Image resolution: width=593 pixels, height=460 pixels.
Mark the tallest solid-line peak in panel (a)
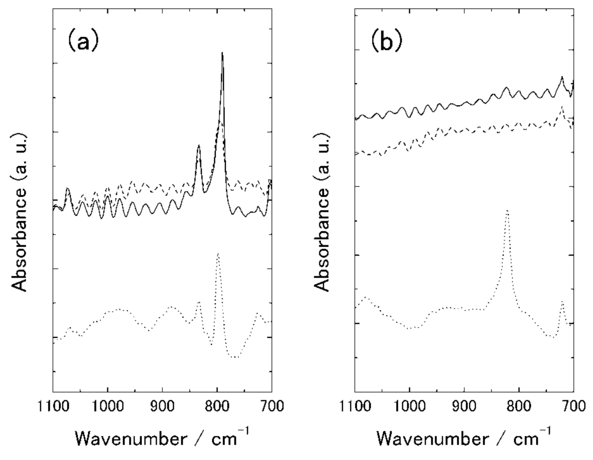[222, 53]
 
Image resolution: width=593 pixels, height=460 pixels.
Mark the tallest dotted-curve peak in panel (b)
[507, 211]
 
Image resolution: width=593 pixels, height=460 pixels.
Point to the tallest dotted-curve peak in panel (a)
[218, 254]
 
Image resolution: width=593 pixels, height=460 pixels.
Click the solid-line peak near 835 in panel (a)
[199, 145]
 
